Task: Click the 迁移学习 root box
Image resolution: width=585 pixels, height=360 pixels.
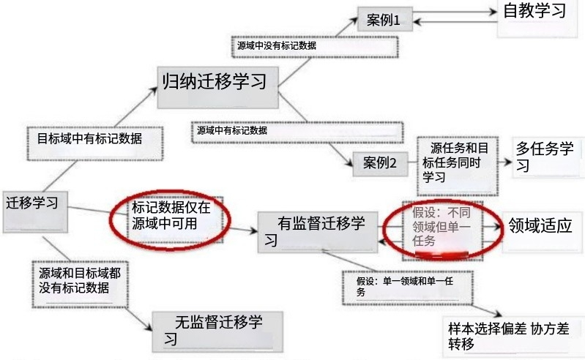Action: click(x=35, y=211)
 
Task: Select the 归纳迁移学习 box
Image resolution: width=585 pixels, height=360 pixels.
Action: click(x=218, y=88)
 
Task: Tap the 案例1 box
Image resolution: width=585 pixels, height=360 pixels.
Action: click(x=385, y=19)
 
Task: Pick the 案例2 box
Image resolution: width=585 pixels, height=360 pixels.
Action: click(x=381, y=164)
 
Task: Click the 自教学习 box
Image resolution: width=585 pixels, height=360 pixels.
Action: click(x=537, y=18)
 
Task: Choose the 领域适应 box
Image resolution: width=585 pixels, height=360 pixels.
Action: click(x=542, y=233)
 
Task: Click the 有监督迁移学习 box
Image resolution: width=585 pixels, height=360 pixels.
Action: click(x=318, y=232)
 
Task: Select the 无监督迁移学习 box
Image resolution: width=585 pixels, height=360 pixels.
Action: click(x=217, y=331)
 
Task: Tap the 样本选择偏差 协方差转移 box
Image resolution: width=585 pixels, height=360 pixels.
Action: click(x=510, y=337)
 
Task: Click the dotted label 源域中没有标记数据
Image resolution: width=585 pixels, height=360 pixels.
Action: click(x=315, y=47)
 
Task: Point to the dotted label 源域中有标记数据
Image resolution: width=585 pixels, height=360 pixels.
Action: click(x=297, y=132)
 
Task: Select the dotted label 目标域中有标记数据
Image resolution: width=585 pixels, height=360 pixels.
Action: click(x=95, y=143)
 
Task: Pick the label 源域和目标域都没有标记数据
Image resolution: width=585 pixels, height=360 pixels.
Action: click(x=81, y=284)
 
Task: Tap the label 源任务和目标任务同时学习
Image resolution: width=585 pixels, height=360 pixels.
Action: click(x=458, y=166)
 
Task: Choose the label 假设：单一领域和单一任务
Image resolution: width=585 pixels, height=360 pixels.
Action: click(x=408, y=288)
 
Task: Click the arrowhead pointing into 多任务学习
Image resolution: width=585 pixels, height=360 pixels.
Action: click(x=508, y=162)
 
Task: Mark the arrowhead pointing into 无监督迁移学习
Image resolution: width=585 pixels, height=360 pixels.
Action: click(x=148, y=326)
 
